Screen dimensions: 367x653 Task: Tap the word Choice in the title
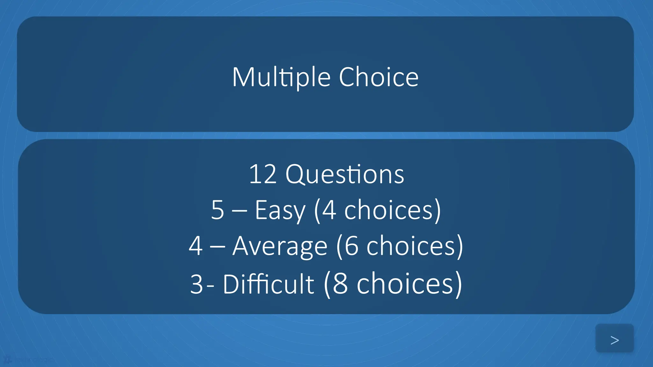tap(378, 77)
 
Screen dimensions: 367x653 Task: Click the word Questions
tap(345, 175)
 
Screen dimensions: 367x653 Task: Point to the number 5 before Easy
tap(218, 210)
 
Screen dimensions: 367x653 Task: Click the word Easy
tap(280, 210)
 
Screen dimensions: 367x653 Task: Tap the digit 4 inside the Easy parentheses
tap(329, 210)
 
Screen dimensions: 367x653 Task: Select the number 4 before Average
tap(195, 246)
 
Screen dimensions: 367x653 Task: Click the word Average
tap(280, 246)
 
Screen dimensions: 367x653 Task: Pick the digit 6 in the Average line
tap(351, 246)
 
